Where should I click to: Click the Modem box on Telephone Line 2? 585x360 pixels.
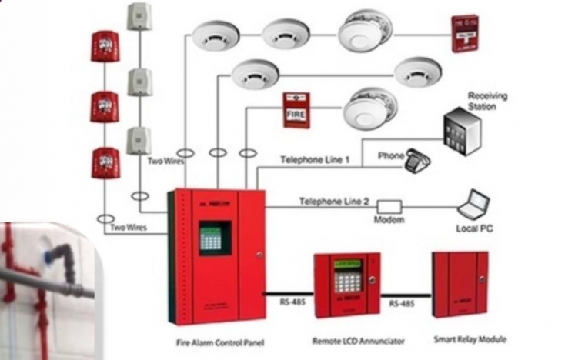pos(389,206)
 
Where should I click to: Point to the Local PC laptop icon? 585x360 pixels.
pos(473,204)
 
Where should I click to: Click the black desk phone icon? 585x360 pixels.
pos(418,161)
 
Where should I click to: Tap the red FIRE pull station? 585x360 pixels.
pos(296,110)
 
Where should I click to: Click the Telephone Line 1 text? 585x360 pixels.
pos(315,159)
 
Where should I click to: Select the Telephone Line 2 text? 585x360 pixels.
pos(334,202)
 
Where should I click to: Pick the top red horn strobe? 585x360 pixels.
pos(105,46)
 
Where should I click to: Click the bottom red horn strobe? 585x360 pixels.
pos(105,162)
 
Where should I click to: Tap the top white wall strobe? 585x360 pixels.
pos(139,15)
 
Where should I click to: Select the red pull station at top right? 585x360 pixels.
pos(465,33)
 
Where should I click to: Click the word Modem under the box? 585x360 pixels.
pos(389,221)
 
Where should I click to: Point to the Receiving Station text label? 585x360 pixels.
pos(483,101)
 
